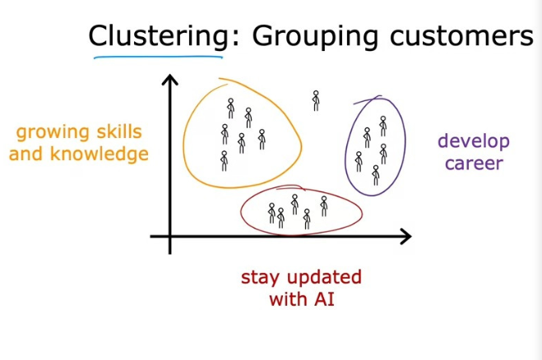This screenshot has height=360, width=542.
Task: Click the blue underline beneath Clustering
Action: pyautogui.click(x=160, y=58)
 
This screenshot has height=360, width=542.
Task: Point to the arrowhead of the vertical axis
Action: pyautogui.click(x=170, y=80)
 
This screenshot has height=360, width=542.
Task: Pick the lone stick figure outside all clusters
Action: pyautogui.click(x=315, y=100)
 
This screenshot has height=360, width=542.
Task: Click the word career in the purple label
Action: pyautogui.click(x=473, y=163)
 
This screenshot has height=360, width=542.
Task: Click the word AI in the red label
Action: pyautogui.click(x=324, y=298)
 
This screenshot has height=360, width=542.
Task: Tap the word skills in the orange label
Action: pyautogui.click(x=116, y=132)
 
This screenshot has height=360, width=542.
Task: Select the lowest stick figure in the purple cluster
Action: pyautogui.click(x=375, y=175)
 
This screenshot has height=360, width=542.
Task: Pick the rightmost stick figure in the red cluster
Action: pyautogui.click(x=323, y=205)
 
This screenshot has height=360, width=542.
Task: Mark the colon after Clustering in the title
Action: pyautogui.click(x=230, y=37)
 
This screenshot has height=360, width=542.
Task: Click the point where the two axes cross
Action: pyautogui.click(x=170, y=237)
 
